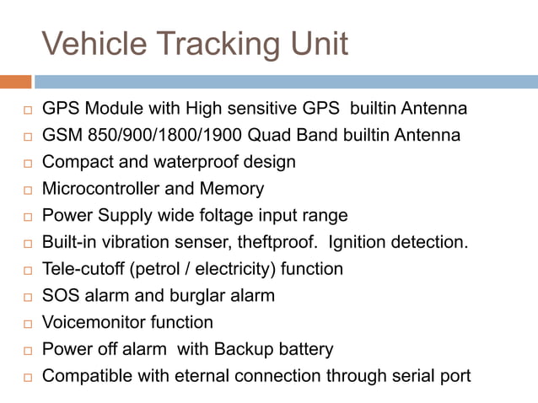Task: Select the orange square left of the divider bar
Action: pyautogui.click(x=15, y=82)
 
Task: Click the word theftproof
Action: pyautogui.click(x=276, y=243)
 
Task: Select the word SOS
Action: pyautogui.click(x=60, y=296)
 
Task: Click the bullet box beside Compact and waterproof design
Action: pyautogui.click(x=26, y=163)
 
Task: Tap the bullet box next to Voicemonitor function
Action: pyautogui.click(x=26, y=324)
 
